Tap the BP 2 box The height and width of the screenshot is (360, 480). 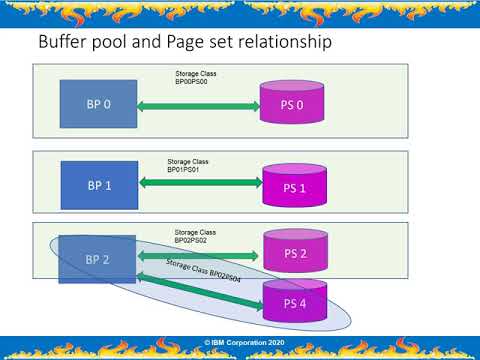pyautogui.click(x=97, y=260)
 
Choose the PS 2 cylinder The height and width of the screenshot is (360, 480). pyautogui.click(x=296, y=252)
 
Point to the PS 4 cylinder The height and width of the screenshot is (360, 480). pyautogui.click(x=296, y=302)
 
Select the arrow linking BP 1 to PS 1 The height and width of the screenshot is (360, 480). pyautogui.click(x=200, y=181)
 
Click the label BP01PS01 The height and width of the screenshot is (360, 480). pyautogui.click(x=185, y=170)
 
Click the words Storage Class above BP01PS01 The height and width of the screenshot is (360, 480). pyautogui.click(x=186, y=161)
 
